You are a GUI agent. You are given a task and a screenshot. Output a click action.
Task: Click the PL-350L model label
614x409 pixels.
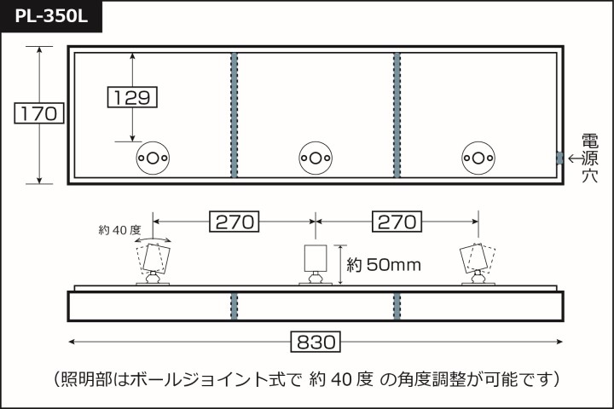tap(51, 16)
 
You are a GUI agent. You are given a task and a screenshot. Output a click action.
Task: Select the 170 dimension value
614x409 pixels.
tap(38, 113)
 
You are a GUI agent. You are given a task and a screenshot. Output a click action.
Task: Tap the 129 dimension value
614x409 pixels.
tap(132, 97)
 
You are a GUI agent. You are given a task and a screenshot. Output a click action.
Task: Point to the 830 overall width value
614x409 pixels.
tap(316, 342)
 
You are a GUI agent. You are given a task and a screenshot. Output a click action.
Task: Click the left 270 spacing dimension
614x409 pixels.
tap(235, 222)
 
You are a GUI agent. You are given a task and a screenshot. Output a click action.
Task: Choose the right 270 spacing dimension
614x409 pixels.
tap(397, 222)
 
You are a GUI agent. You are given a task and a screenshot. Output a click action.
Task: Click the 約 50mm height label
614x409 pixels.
tap(384, 265)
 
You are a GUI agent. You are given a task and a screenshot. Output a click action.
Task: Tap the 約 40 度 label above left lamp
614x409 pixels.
tap(119, 230)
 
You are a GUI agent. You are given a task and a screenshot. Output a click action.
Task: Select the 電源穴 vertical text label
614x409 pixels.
tap(589, 158)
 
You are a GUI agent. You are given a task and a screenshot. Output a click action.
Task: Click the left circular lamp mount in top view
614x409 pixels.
tap(153, 158)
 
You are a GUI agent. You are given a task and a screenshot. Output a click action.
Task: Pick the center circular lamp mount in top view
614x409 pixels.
tap(316, 158)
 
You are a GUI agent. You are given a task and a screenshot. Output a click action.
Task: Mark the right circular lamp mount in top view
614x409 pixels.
tap(478, 158)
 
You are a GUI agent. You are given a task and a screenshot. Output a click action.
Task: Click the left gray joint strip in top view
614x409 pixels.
tap(235, 115)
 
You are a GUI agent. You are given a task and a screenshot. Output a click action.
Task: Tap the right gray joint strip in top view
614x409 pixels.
tap(397, 115)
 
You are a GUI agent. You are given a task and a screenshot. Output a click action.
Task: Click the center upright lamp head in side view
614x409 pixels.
tap(316, 258)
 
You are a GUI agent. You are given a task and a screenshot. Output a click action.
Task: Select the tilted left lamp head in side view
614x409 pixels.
tap(157, 257)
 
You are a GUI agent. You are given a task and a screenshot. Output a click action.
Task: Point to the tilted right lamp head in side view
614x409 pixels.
tap(474, 258)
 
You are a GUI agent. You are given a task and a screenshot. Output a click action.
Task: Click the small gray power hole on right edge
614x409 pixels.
tap(559, 158)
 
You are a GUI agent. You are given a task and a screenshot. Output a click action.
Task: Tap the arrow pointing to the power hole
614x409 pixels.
tap(575, 158)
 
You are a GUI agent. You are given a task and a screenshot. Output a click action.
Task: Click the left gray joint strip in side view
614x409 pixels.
tap(235, 306)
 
